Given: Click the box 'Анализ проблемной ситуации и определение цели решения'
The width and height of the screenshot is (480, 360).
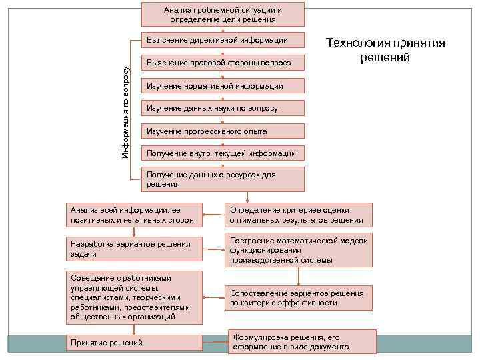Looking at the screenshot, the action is [223, 14].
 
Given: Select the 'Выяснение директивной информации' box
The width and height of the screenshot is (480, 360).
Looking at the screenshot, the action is [223, 40].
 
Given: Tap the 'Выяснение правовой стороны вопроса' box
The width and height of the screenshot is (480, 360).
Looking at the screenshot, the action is [223, 63].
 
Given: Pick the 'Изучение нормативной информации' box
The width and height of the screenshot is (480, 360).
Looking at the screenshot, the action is [223, 85].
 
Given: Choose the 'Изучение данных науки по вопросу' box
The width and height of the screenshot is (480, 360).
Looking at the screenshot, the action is [223, 108].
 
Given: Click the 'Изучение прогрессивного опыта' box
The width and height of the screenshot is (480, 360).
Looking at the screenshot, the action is [223, 131].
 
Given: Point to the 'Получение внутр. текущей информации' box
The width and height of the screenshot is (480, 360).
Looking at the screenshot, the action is [223, 153].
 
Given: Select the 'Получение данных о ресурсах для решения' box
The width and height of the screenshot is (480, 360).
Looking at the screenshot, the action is [223, 179].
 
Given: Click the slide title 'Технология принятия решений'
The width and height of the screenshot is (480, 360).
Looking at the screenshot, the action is [385, 50].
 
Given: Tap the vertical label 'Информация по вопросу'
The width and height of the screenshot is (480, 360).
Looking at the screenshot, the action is [126, 112].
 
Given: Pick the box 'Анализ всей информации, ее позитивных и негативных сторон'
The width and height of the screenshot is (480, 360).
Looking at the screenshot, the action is [135, 215].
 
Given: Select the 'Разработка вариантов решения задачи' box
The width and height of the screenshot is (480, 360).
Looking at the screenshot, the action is [135, 249].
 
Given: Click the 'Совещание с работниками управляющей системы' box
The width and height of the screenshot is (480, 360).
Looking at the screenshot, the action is [135, 297].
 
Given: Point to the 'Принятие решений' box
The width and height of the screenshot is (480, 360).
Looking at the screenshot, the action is [135, 343].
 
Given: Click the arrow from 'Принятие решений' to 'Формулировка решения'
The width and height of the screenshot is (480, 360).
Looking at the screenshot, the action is [215, 343].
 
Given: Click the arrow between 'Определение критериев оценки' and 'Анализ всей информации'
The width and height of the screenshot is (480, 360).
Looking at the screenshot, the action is [213, 215].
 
